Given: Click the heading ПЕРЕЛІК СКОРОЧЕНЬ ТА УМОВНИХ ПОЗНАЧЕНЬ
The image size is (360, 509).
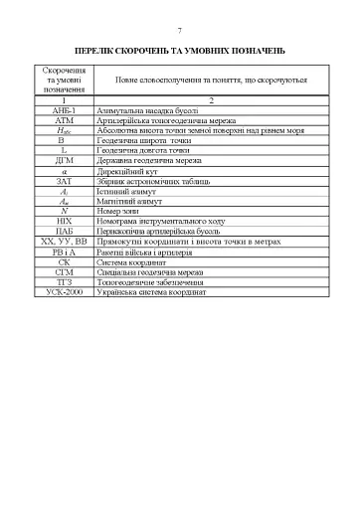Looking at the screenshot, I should (180, 48).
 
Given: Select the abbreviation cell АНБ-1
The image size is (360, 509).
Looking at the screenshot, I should (64, 110).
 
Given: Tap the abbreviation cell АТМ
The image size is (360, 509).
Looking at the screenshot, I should (64, 120).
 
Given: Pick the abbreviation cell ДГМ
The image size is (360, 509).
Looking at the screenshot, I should (64, 159).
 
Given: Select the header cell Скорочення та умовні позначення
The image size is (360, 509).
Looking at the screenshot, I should (64, 81).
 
